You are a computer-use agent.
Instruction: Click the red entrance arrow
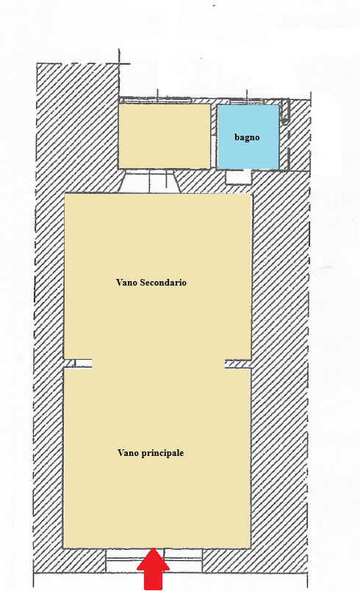pos(153,569)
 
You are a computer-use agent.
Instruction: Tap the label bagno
pos(247,137)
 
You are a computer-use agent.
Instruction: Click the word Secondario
pos(163,283)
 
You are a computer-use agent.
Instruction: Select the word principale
pos(162,453)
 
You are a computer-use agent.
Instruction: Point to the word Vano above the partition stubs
pos(127,283)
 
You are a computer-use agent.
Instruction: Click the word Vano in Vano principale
pos(128,453)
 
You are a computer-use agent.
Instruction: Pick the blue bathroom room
pos(248,137)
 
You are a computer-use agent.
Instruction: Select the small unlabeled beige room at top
pos(164,136)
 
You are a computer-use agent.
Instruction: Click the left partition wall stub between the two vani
pos(78,363)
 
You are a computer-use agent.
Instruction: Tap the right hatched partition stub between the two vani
pos(238,363)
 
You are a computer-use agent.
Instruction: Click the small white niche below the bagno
pos(239,177)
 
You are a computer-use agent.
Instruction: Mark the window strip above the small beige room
pos(155,100)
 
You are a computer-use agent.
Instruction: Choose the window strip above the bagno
pos(247,101)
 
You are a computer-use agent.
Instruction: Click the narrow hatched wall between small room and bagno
pos(214,136)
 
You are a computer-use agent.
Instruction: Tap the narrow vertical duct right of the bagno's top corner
pos(285,110)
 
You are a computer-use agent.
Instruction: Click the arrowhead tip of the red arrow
pos(153,548)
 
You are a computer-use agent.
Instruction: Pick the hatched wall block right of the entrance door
pos(255,560)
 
